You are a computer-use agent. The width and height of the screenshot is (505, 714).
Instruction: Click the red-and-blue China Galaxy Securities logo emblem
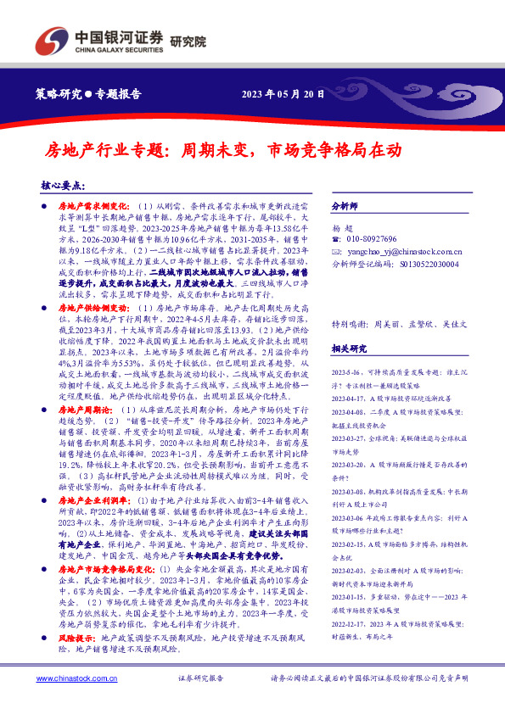point(48,41)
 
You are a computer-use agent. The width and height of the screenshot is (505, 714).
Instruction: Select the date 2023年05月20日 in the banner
point(283,93)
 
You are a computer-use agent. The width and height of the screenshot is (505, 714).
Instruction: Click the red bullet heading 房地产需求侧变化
point(91,205)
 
